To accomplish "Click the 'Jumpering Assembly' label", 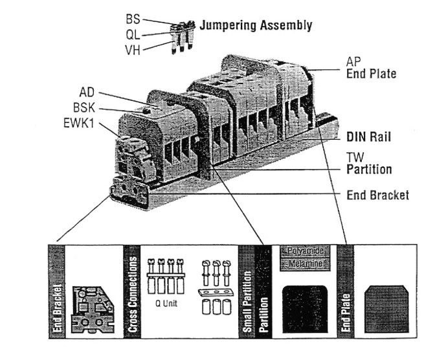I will click(256, 26).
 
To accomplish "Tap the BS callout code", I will click(133, 19).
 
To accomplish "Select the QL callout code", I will click(133, 34).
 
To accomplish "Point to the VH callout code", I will click(133, 49).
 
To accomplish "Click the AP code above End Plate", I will click(353, 62).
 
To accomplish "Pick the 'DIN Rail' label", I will click(369, 137).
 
